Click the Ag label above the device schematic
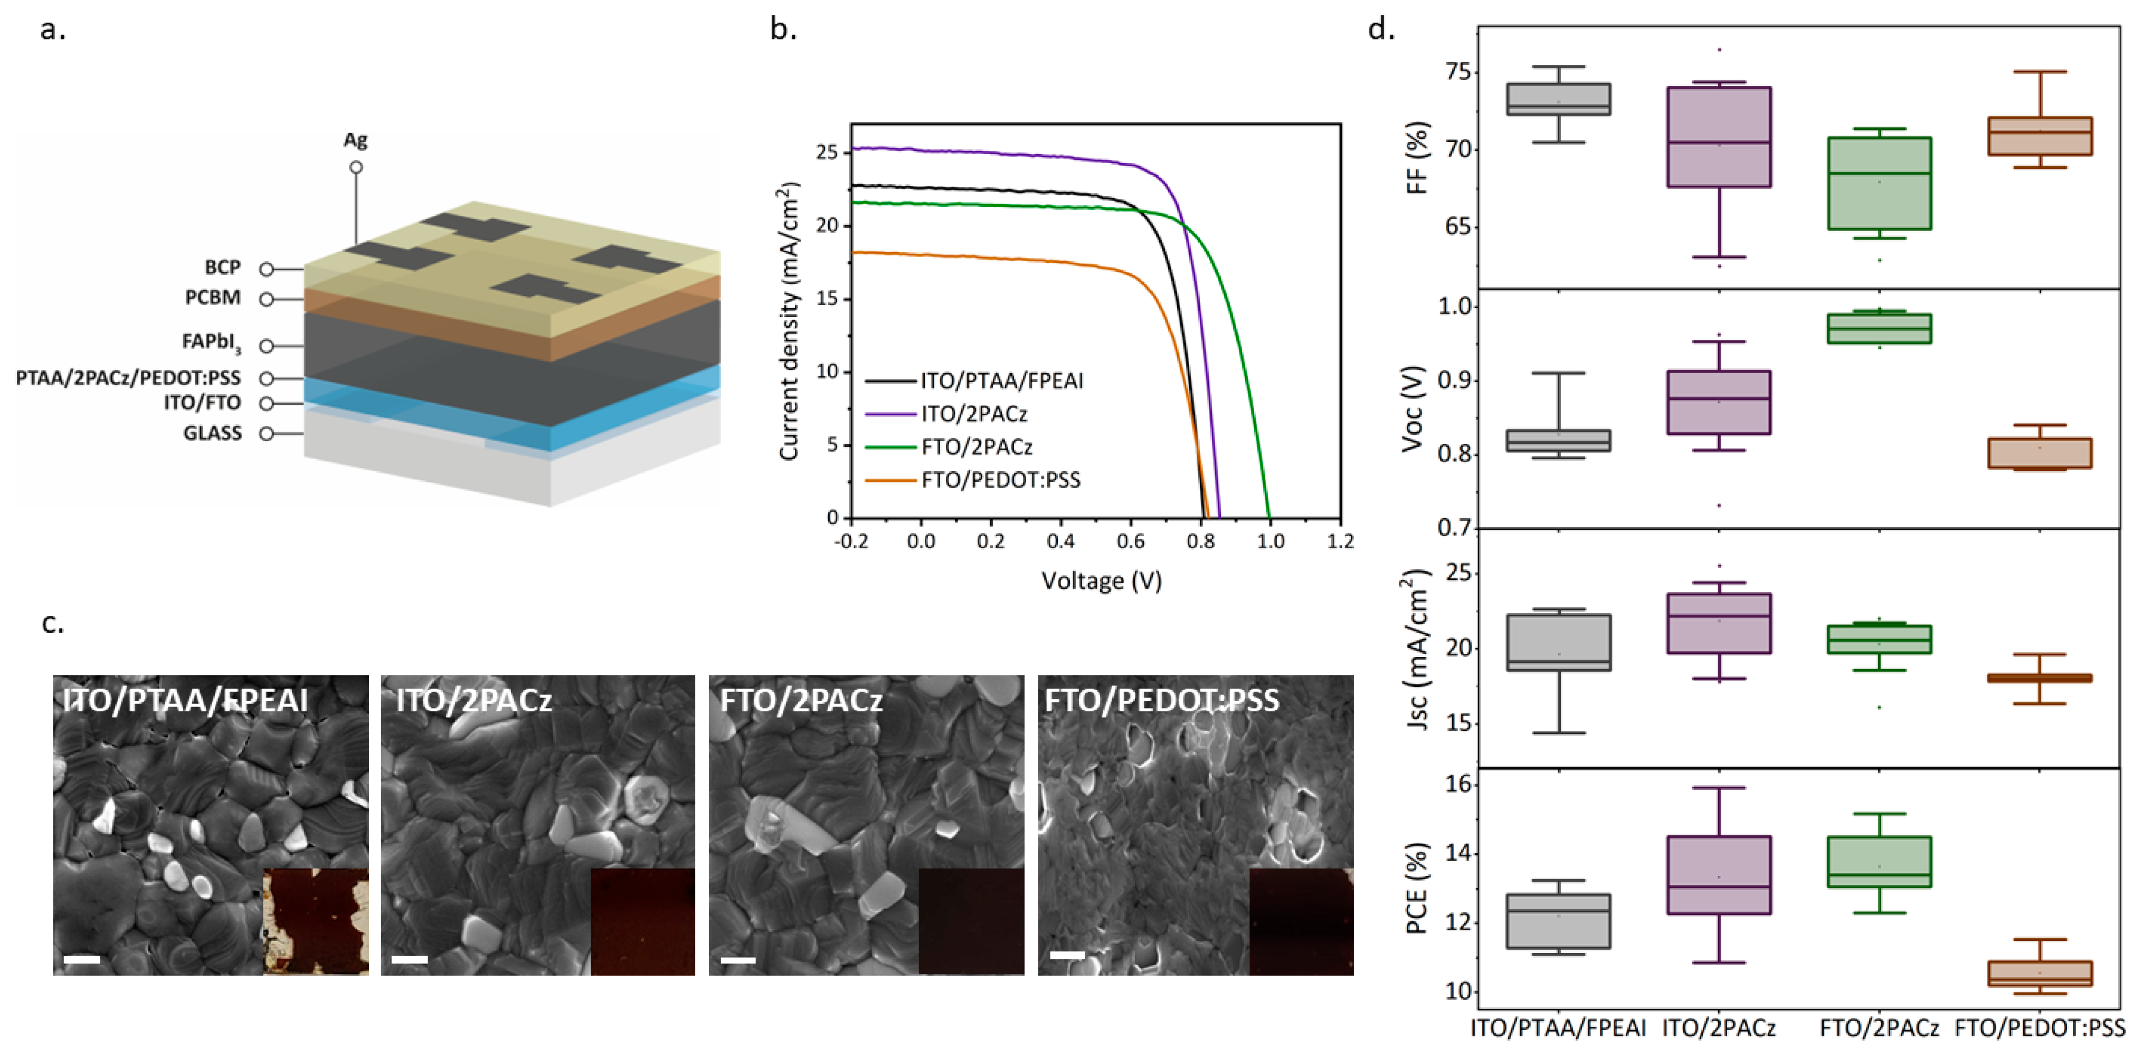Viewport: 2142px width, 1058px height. pos(355,140)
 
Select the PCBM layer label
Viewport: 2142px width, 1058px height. pos(213,298)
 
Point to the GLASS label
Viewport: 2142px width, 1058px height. pos(212,433)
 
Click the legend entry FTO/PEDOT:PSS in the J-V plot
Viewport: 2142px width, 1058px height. pos(1000,480)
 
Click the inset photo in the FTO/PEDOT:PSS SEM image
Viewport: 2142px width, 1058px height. pos(1301,921)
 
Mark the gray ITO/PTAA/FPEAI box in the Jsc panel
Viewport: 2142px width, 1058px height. pos(1558,642)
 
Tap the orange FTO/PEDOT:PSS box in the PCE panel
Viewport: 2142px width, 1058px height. pos(2040,973)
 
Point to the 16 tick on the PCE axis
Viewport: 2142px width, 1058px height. pos(1459,785)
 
